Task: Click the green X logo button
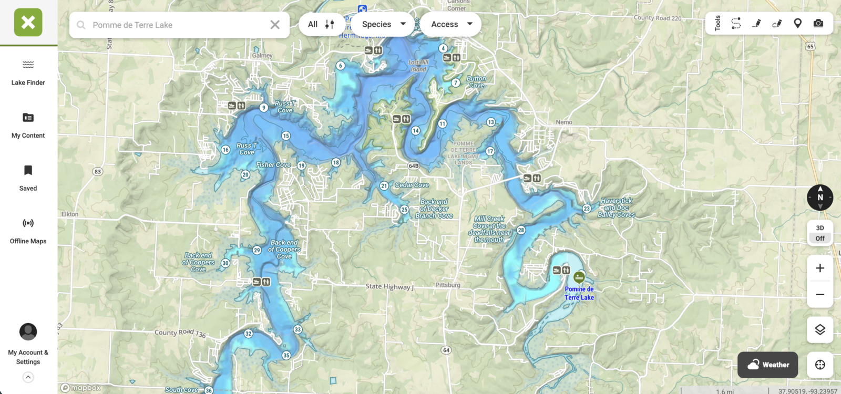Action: point(28,23)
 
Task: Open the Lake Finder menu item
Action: point(28,72)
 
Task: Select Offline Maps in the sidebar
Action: point(28,231)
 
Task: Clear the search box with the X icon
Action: point(275,25)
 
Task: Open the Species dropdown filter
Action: point(383,24)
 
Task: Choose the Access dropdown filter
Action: point(451,24)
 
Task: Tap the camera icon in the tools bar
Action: point(818,23)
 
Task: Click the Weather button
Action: point(768,365)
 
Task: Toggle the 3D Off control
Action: point(820,233)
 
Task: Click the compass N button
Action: point(820,198)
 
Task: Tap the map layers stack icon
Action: point(820,330)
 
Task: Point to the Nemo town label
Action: point(564,122)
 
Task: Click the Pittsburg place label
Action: point(448,285)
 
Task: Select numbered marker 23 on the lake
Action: point(587,209)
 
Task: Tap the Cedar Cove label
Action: point(412,185)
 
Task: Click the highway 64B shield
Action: point(414,166)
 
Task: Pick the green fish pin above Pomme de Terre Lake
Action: point(579,277)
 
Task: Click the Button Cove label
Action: point(476,82)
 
